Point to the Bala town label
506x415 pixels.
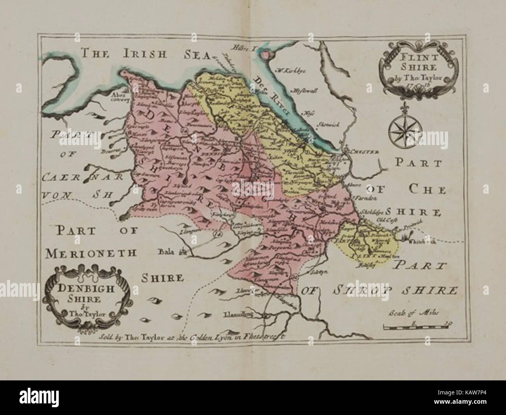(x=165, y=251)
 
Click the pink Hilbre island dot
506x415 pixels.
(x=265, y=55)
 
